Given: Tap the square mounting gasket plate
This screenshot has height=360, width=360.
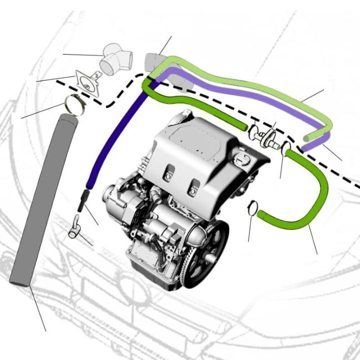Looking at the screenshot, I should (x=88, y=81).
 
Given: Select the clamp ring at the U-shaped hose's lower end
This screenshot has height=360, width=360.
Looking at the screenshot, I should (x=253, y=207).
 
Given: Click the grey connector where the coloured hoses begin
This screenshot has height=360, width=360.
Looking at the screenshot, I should (x=152, y=62).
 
